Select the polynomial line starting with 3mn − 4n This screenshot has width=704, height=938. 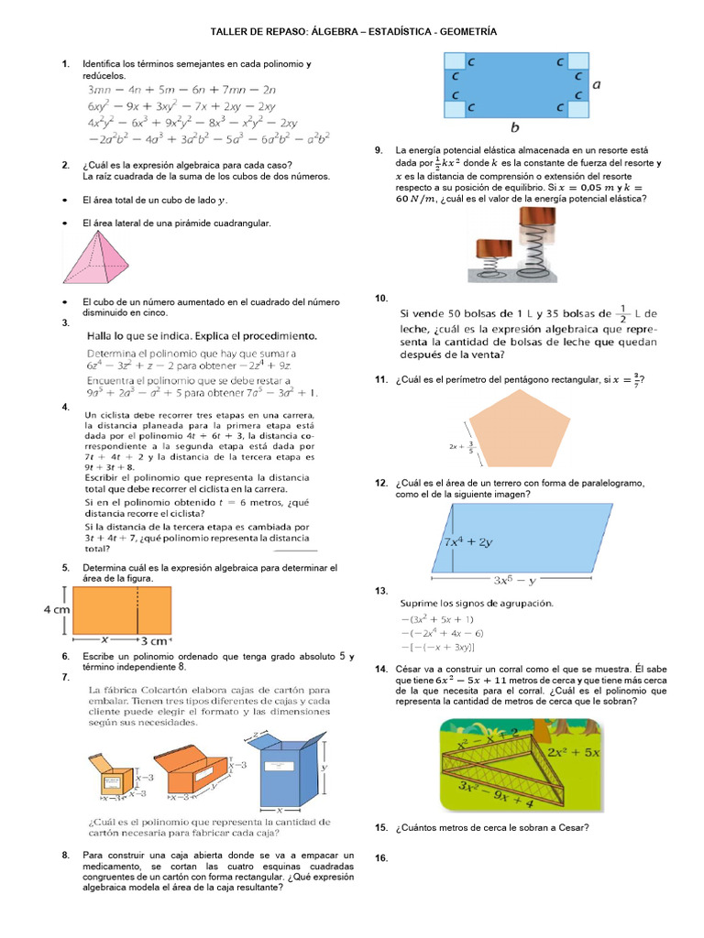pyautogui.click(x=181, y=90)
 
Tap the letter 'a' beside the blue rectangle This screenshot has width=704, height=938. pyautogui.click(x=597, y=84)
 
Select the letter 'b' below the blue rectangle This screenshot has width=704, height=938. pyautogui.click(x=515, y=127)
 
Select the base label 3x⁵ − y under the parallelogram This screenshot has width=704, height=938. pyautogui.click(x=514, y=579)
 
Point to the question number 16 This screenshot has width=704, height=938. pyautogui.click(x=382, y=858)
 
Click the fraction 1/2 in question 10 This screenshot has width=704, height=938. pyautogui.click(x=623, y=312)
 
